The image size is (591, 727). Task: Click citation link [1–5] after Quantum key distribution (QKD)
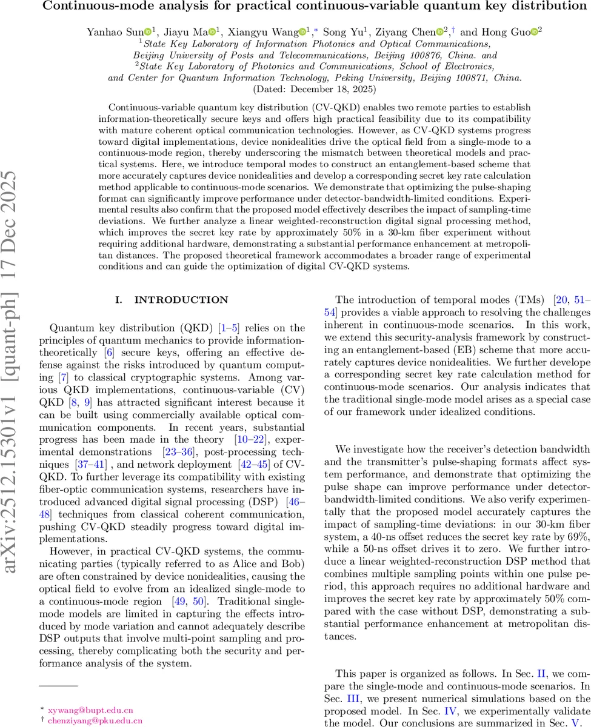(x=229, y=328)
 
